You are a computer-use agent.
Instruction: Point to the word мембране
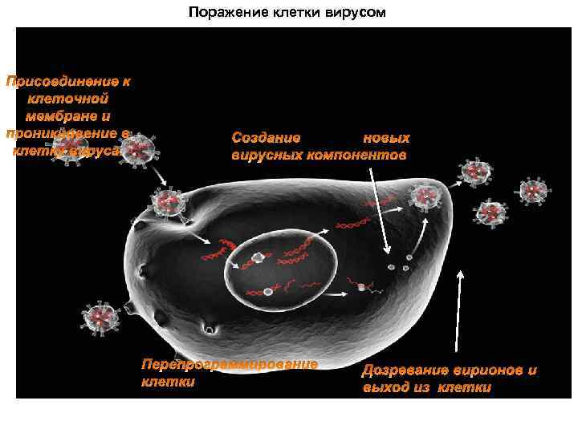[x=68, y=116]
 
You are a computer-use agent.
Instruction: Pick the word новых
[x=386, y=138]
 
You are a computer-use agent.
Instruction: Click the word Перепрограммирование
[x=230, y=365]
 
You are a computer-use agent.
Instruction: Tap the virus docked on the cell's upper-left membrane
[x=169, y=201]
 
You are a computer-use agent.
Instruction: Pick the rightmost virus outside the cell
[x=533, y=191]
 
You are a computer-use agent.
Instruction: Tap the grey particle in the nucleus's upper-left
[x=258, y=257]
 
